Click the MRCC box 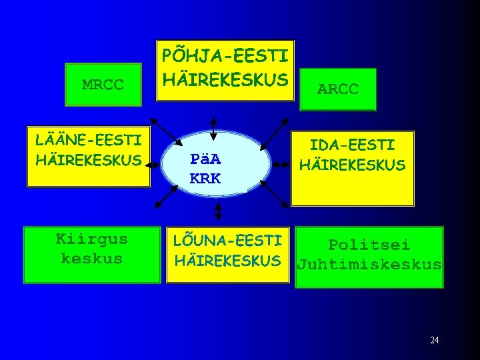pyautogui.click(x=103, y=85)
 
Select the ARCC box pyautogui.click(x=338, y=89)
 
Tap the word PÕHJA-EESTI pyautogui.click(x=225, y=54)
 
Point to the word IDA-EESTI pyautogui.click(x=352, y=145)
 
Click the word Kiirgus pyautogui.click(x=92, y=239)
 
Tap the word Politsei pyautogui.click(x=369, y=245)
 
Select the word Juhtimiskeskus pyautogui.click(x=369, y=265)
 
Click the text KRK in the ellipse pyautogui.click(x=205, y=179)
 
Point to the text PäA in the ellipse pyautogui.click(x=205, y=160)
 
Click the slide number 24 pyautogui.click(x=434, y=341)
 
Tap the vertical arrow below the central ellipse pyautogui.click(x=218, y=211)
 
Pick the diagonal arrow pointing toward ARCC pyautogui.click(x=274, y=134)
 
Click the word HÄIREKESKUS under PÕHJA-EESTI pyautogui.click(x=225, y=79)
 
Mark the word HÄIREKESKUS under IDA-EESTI pyautogui.click(x=352, y=165)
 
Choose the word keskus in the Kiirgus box pyautogui.click(x=92, y=259)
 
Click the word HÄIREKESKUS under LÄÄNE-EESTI pyautogui.click(x=89, y=160)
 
